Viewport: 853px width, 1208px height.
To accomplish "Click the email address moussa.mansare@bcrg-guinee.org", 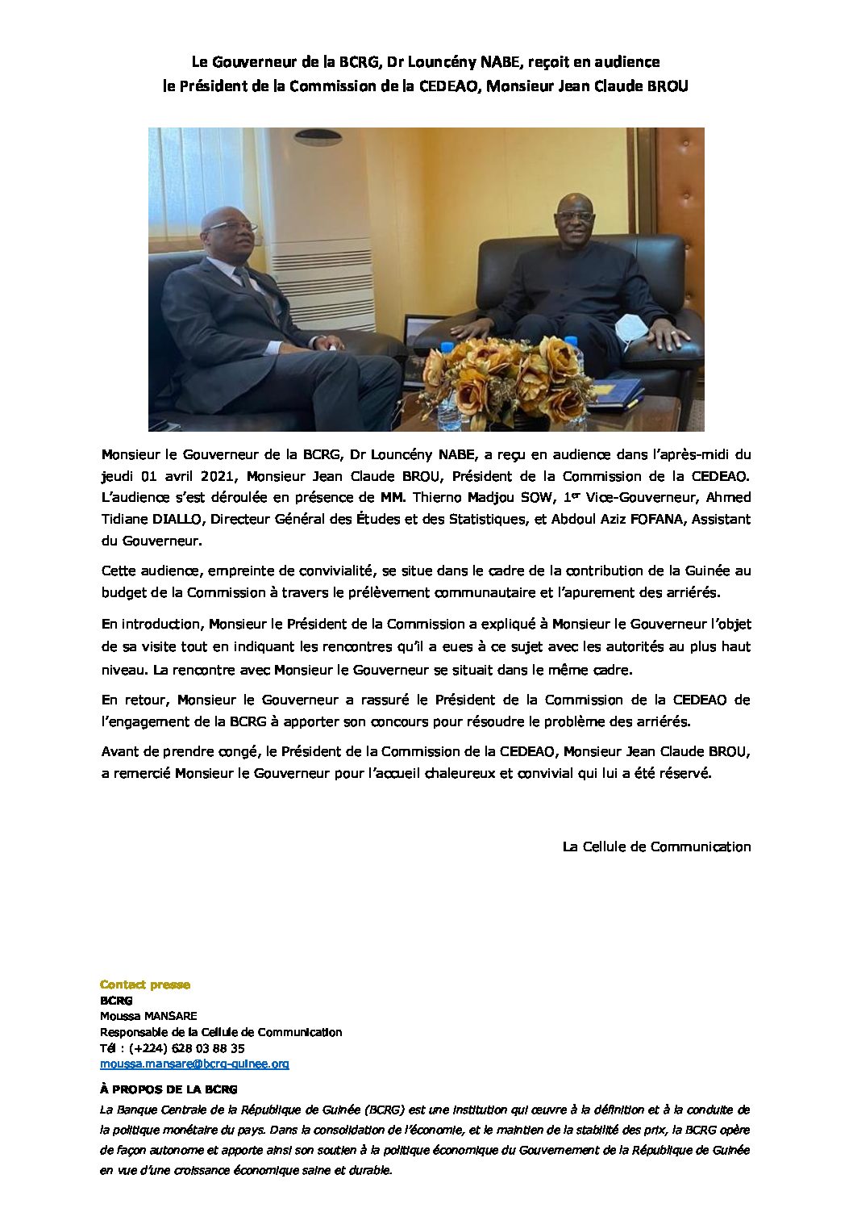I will point(194,1064).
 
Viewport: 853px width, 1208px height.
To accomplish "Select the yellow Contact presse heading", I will point(145,984).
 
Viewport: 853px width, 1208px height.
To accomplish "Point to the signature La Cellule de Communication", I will point(656,846).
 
